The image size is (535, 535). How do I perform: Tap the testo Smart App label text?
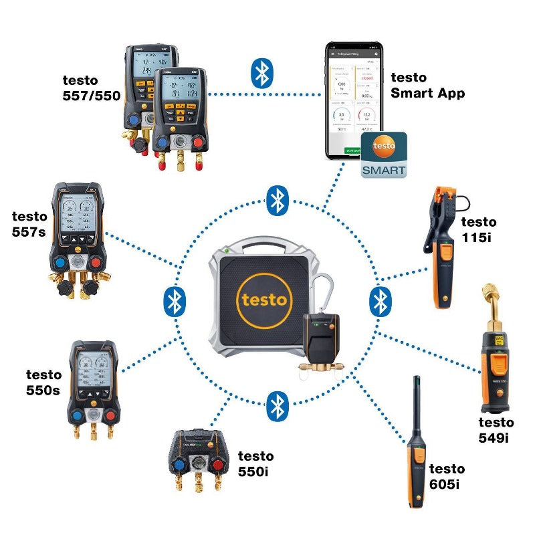pyautogui.click(x=427, y=86)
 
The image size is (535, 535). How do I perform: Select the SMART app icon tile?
pyautogui.click(x=384, y=155)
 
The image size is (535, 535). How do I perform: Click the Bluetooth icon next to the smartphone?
pyautogui.click(x=261, y=73)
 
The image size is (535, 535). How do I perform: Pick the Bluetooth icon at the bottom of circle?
pyautogui.click(x=277, y=406)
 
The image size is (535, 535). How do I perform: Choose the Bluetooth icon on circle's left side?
pyautogui.click(x=175, y=302)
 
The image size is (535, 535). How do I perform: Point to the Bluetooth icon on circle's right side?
pyautogui.click(x=380, y=302)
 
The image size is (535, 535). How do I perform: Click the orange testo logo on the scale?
pyautogui.click(x=263, y=299)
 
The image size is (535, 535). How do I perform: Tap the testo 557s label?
pyautogui.click(x=29, y=223)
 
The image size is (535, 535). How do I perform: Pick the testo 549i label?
pyautogui.click(x=496, y=429)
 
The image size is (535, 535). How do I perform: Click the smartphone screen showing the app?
pyautogui.click(x=352, y=100)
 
